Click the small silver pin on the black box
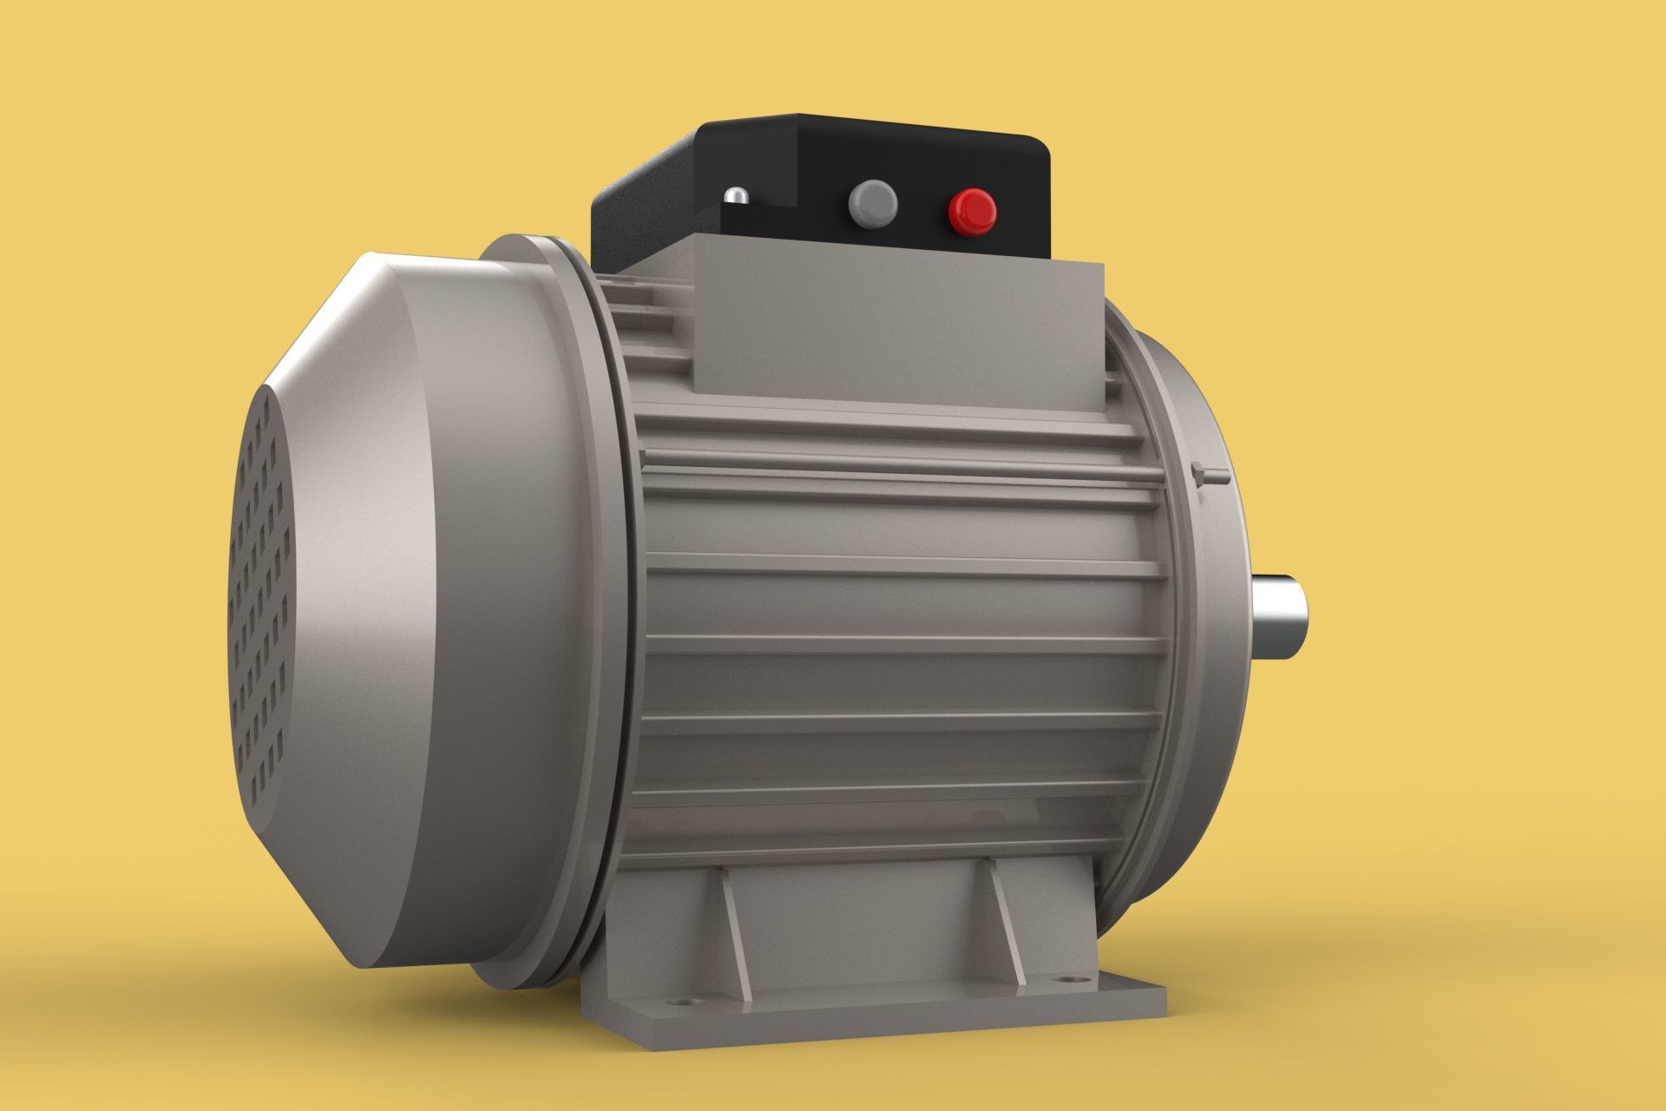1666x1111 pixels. pos(737,196)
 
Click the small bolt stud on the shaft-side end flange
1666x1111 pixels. pos(1211,476)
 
